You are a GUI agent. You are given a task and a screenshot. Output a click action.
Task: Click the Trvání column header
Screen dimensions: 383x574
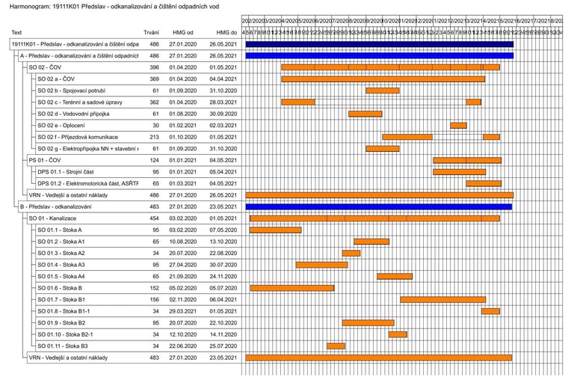pyautogui.click(x=150, y=33)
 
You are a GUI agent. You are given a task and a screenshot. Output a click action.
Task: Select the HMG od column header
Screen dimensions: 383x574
pyautogui.click(x=182, y=33)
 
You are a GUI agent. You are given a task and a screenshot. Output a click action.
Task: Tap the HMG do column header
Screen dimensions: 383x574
pyautogui.click(x=226, y=33)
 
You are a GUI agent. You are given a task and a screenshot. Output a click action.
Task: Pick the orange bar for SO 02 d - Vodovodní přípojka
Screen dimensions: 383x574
pyautogui.click(x=365, y=114)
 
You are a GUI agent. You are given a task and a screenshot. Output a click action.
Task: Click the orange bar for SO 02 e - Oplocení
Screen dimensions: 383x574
pyautogui.click(x=458, y=126)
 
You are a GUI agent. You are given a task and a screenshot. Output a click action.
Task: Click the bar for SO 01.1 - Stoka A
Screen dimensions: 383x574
pyautogui.click(x=276, y=230)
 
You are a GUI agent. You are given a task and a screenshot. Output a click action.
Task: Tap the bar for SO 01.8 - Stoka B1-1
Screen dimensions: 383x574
pyautogui.click(x=490, y=311)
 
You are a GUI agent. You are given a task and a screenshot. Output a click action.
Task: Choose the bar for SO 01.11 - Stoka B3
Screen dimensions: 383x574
pyautogui.click(x=336, y=346)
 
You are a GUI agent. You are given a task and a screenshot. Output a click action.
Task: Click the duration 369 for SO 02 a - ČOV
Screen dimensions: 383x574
pyautogui.click(x=154, y=79)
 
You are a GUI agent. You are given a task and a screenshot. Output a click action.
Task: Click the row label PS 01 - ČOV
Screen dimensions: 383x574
pyautogui.click(x=46, y=160)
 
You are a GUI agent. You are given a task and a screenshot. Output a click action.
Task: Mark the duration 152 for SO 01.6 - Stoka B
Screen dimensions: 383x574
pyautogui.click(x=154, y=288)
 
